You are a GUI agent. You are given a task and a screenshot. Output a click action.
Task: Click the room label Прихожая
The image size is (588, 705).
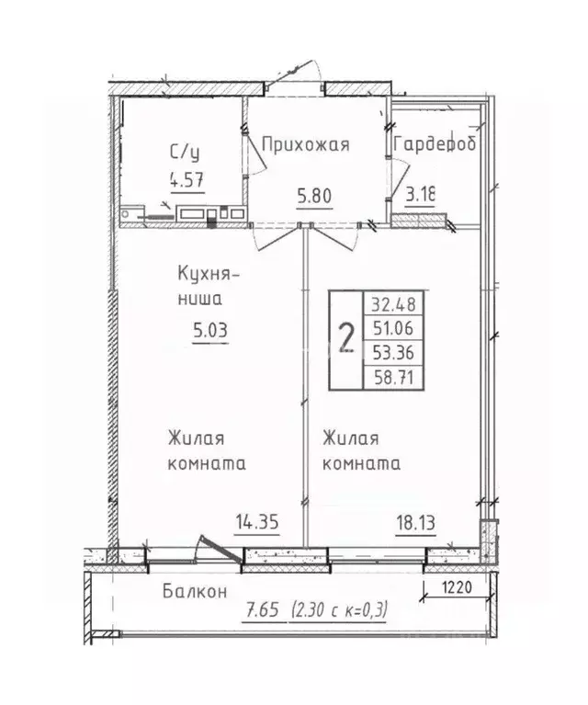click(305, 144)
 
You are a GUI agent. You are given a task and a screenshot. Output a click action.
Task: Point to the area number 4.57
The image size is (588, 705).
click(187, 179)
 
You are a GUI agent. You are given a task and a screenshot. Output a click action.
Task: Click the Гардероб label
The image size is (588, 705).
click(435, 145)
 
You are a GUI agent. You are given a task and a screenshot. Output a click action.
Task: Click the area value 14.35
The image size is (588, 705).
click(257, 521)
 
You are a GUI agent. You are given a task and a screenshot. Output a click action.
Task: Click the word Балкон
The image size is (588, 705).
click(191, 592)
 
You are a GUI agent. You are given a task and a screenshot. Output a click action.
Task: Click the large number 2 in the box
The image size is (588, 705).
click(346, 338)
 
